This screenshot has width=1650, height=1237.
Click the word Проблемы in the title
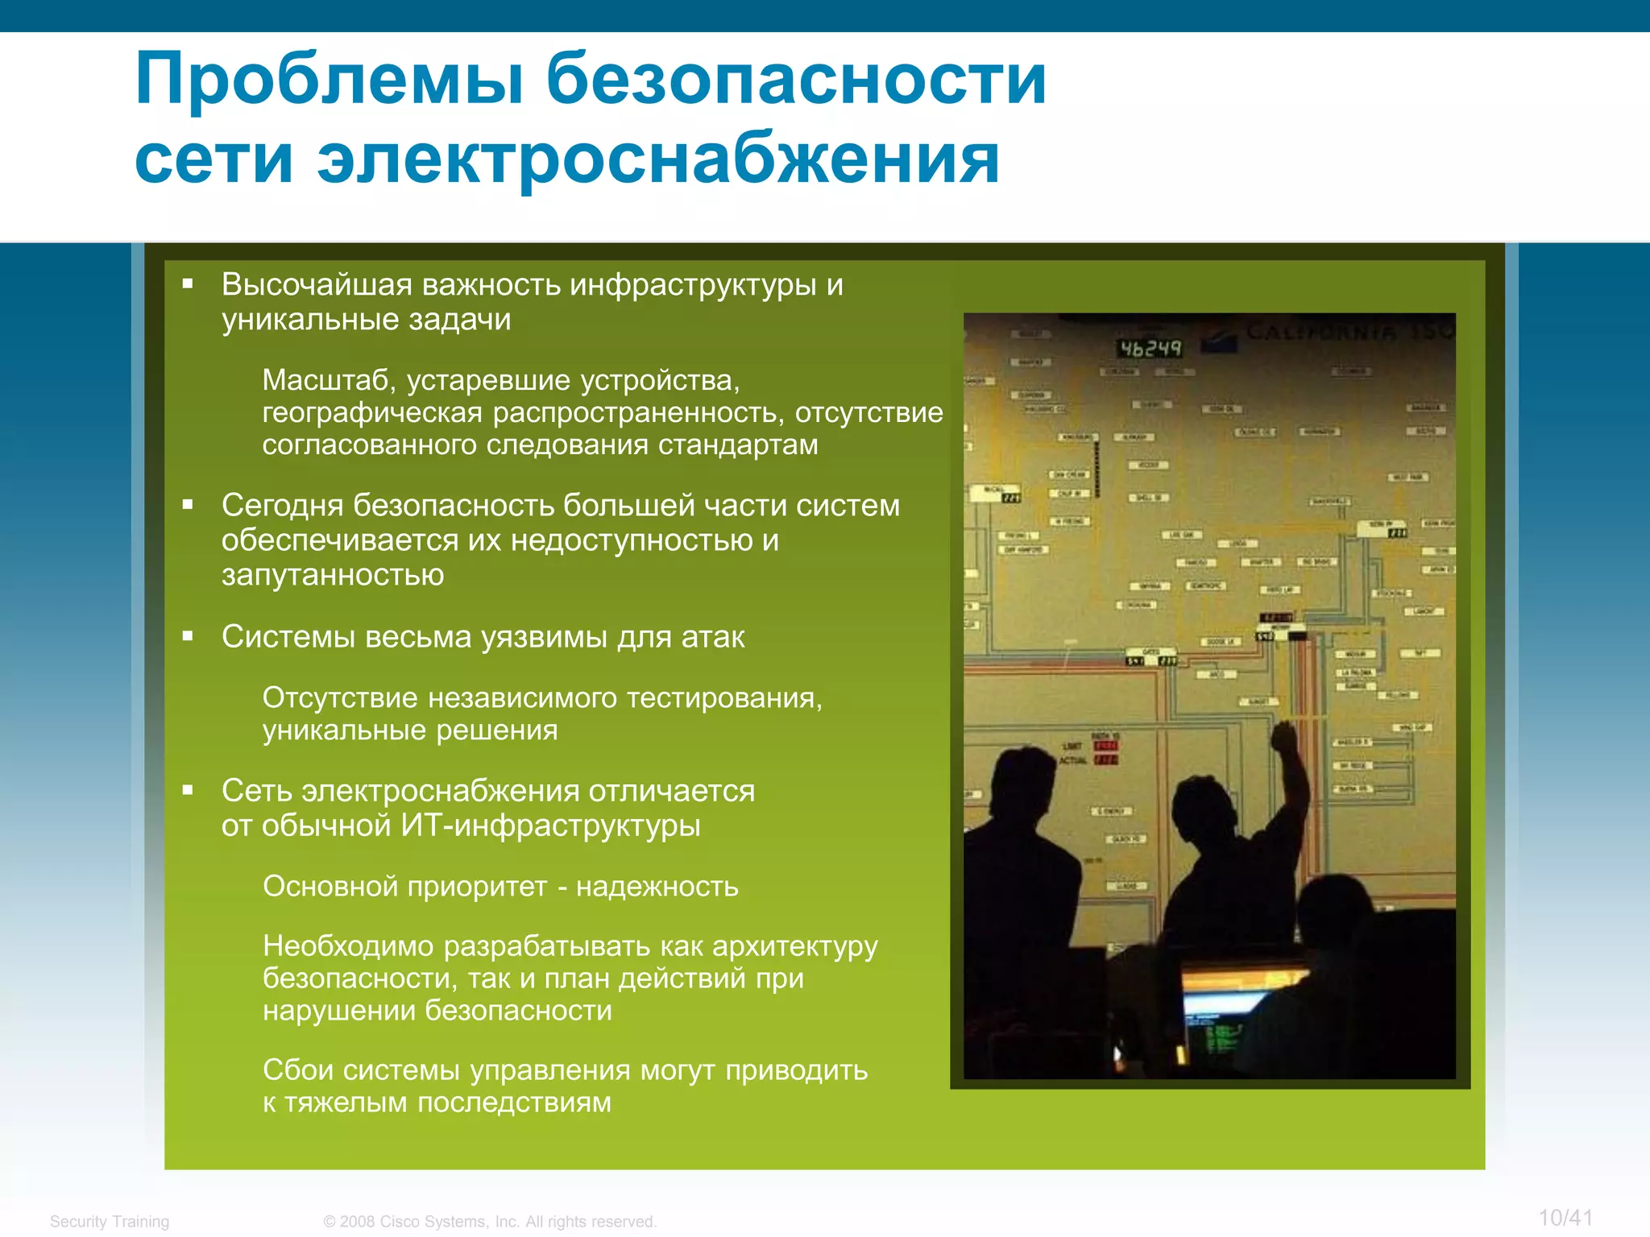point(330,81)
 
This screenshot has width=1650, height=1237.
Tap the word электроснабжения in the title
point(658,159)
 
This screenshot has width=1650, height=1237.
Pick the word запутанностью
point(333,575)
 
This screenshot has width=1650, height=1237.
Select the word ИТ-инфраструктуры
point(550,826)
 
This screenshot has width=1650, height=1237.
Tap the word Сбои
point(297,1070)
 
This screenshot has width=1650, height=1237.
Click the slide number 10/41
point(1565,1218)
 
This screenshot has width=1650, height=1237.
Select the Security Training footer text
point(110,1222)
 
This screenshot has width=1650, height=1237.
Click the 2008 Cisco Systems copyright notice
point(490,1222)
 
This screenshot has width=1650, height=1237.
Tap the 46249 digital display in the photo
point(1150,349)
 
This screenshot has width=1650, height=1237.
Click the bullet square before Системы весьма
point(188,636)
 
